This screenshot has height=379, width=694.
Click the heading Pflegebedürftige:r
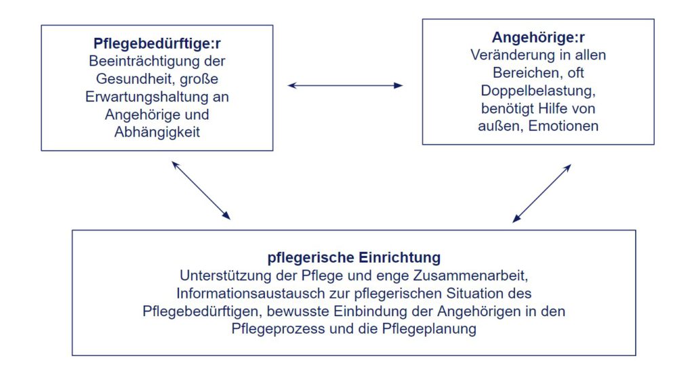(157, 44)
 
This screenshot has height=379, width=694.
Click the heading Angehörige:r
(538, 37)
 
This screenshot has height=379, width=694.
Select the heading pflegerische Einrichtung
(354, 258)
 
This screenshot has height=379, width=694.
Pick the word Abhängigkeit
(157, 132)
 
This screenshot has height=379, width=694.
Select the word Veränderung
(511, 55)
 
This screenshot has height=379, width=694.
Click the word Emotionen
(563, 126)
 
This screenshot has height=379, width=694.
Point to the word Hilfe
(551, 108)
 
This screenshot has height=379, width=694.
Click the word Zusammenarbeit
(470, 275)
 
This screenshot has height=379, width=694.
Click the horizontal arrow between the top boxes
(345, 85)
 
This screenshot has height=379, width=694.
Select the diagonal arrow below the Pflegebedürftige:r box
(201, 190)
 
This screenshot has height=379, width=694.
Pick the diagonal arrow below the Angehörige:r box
(542, 194)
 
